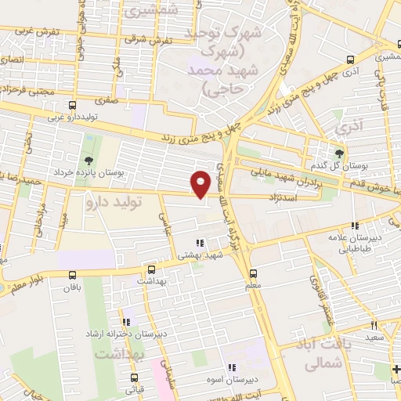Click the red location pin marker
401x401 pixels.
click(201, 183)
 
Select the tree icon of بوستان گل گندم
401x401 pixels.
click(339, 153)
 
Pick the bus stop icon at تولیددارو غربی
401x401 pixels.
click(73, 105)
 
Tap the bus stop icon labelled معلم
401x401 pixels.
click(252, 273)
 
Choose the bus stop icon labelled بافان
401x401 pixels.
click(73, 275)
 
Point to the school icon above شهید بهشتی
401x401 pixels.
click(200, 243)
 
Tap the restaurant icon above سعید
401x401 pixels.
click(374, 325)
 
